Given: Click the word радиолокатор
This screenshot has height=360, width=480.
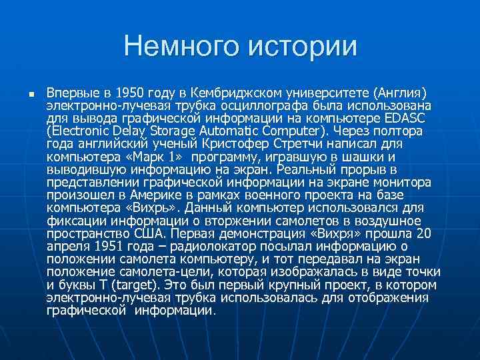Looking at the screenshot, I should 207,246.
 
